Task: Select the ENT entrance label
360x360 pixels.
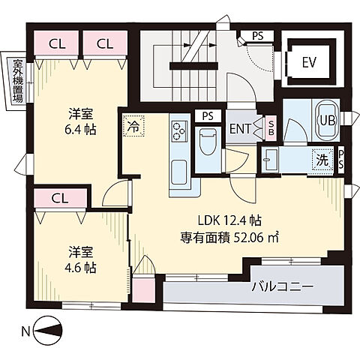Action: (241, 128)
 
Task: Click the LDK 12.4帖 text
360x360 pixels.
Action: (229, 221)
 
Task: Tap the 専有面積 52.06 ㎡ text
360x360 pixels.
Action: (229, 238)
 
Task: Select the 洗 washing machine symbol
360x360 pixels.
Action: (321, 159)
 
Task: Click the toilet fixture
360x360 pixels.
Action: (208, 140)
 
